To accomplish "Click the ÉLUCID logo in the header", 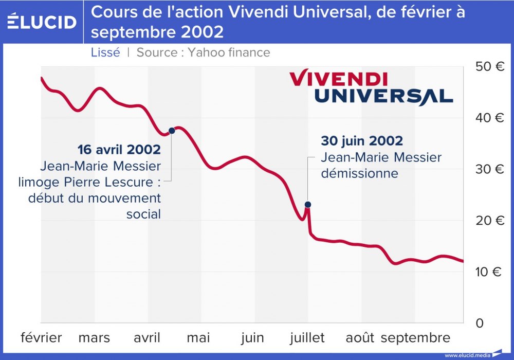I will pyautogui.click(x=42, y=22).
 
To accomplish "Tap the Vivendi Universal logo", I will pyautogui.click(x=371, y=87).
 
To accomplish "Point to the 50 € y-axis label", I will pyautogui.click(x=489, y=66).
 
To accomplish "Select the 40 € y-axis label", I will pyautogui.click(x=489, y=118).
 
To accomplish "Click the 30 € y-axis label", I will pyautogui.click(x=489, y=169).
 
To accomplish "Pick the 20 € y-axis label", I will pyautogui.click(x=489, y=221).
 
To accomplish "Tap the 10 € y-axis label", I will pyautogui.click(x=489, y=272).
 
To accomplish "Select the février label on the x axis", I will pyautogui.click(x=41, y=338).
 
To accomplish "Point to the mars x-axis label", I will pyautogui.click(x=94, y=338).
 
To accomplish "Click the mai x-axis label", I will pyautogui.click(x=198, y=338).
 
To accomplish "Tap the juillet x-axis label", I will pyautogui.click(x=307, y=338).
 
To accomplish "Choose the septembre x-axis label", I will pyautogui.click(x=415, y=338).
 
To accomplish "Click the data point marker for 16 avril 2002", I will pyautogui.click(x=172, y=131).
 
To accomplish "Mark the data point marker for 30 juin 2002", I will pyautogui.click(x=308, y=205).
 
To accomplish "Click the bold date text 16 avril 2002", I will pyautogui.click(x=119, y=150).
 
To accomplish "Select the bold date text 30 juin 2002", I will pyautogui.click(x=362, y=141).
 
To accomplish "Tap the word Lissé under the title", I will pyautogui.click(x=105, y=52).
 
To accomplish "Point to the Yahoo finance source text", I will pyautogui.click(x=229, y=52).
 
